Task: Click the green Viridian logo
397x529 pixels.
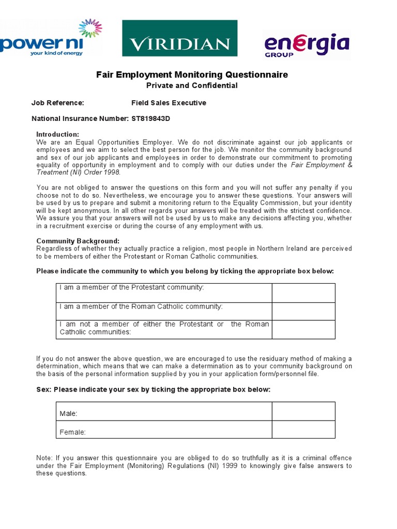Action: tap(179, 38)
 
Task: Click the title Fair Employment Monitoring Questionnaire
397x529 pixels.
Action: tap(192, 75)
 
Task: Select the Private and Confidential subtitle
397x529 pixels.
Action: tap(192, 86)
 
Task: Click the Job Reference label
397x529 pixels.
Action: tap(57, 103)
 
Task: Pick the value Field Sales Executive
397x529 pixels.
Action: tap(169, 103)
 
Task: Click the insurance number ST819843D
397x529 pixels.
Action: tap(150, 118)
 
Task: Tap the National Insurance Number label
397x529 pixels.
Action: tap(80, 118)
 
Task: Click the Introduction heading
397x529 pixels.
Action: tap(57, 134)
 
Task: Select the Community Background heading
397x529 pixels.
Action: tap(78, 241)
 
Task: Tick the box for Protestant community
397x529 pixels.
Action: tap(303, 293)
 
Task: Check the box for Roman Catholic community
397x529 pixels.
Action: tap(303, 312)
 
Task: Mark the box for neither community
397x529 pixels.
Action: tap(303, 330)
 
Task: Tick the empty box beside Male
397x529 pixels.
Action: tap(303, 411)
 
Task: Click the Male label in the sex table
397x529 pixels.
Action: tap(69, 414)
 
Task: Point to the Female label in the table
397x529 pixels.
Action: tap(73, 432)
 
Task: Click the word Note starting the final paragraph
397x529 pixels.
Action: tap(44, 458)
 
